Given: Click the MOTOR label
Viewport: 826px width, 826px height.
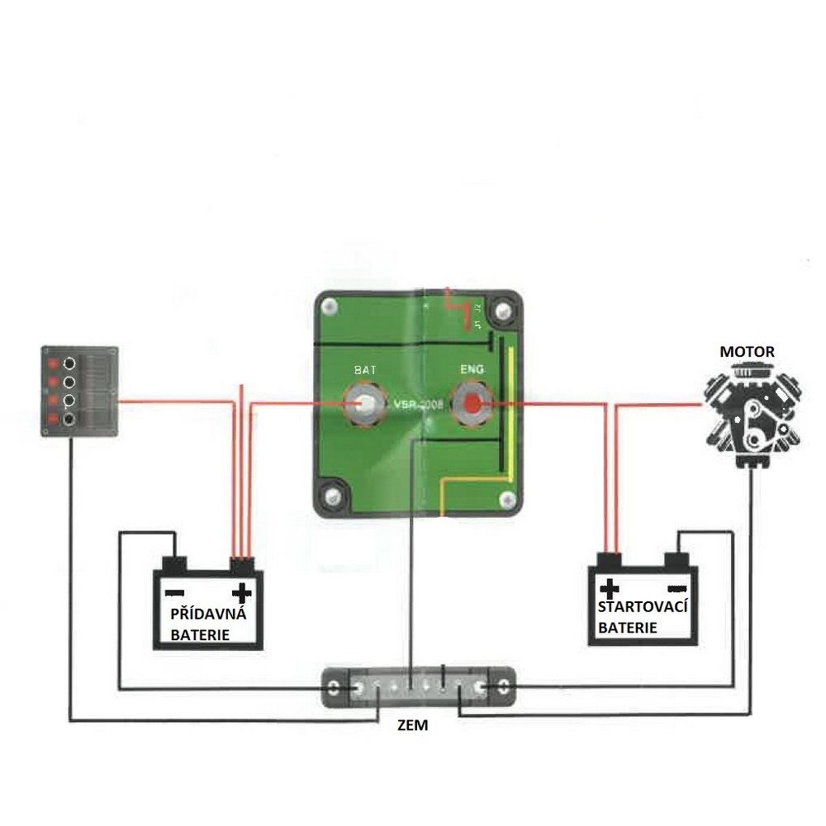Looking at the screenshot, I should [x=747, y=352].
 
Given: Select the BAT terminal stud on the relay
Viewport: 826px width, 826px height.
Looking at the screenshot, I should [x=365, y=405].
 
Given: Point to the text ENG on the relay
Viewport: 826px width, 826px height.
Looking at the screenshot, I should [x=472, y=371].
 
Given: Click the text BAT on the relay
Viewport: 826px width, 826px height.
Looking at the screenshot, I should [x=365, y=371].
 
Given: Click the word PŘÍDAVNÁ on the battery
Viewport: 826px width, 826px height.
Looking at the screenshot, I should [x=207, y=615].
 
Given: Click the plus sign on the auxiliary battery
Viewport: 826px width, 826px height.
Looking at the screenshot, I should [x=241, y=592].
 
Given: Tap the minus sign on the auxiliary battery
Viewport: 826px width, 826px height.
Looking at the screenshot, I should [x=174, y=592].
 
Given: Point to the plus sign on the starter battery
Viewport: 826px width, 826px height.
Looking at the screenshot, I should [x=610, y=588].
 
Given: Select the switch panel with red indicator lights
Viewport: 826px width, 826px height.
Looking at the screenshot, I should [x=80, y=391].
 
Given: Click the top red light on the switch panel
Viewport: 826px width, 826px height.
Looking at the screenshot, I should [x=53, y=364].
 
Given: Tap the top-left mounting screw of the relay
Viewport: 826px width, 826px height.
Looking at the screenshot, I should [x=331, y=308].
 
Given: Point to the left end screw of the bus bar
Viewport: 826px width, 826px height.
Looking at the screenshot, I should [x=333, y=688].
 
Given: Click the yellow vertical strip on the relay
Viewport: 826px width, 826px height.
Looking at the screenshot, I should [x=510, y=413].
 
